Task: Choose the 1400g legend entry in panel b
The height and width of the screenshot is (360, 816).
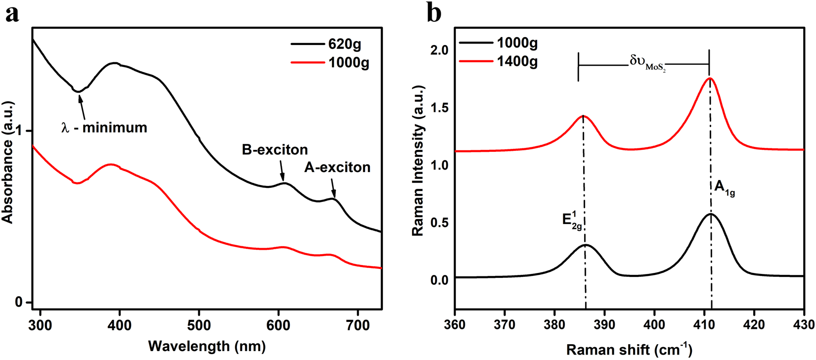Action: [x=517, y=62]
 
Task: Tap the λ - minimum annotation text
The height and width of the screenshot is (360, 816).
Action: [x=104, y=128]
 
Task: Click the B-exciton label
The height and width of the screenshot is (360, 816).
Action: [x=275, y=150]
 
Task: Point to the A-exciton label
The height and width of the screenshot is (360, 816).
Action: [x=337, y=168]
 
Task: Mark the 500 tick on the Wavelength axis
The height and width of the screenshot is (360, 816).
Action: [x=199, y=325]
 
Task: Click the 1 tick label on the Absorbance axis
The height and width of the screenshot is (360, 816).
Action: [x=19, y=131]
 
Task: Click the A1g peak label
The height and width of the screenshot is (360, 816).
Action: [x=725, y=188]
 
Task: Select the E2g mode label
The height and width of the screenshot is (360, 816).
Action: [x=572, y=220]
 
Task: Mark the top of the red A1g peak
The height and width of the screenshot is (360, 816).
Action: [x=710, y=78]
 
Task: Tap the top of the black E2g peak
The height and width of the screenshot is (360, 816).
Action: [x=586, y=245]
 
